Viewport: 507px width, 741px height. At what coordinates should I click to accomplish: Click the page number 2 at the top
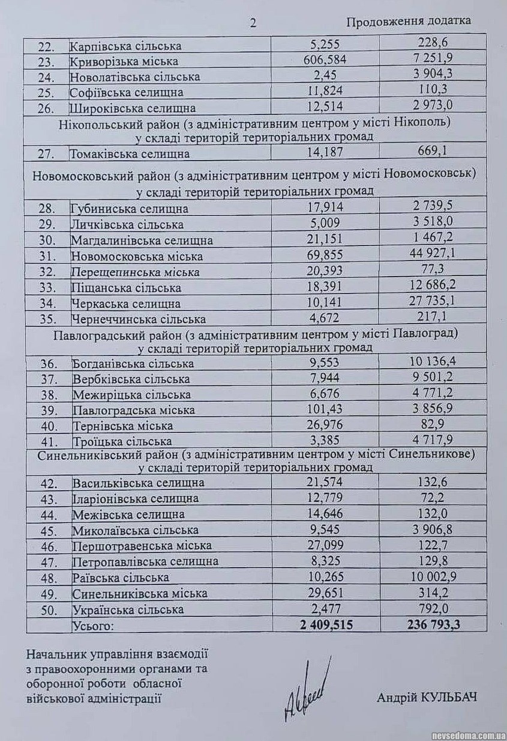253,23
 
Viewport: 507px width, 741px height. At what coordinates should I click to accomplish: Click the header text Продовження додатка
408,21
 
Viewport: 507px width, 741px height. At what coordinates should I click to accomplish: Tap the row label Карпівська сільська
125,46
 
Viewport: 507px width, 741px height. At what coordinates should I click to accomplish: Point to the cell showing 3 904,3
435,76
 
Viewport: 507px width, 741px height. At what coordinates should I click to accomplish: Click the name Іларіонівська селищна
135,499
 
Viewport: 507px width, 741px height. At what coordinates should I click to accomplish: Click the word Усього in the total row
92,626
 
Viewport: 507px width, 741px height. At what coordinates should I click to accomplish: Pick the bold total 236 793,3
434,625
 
